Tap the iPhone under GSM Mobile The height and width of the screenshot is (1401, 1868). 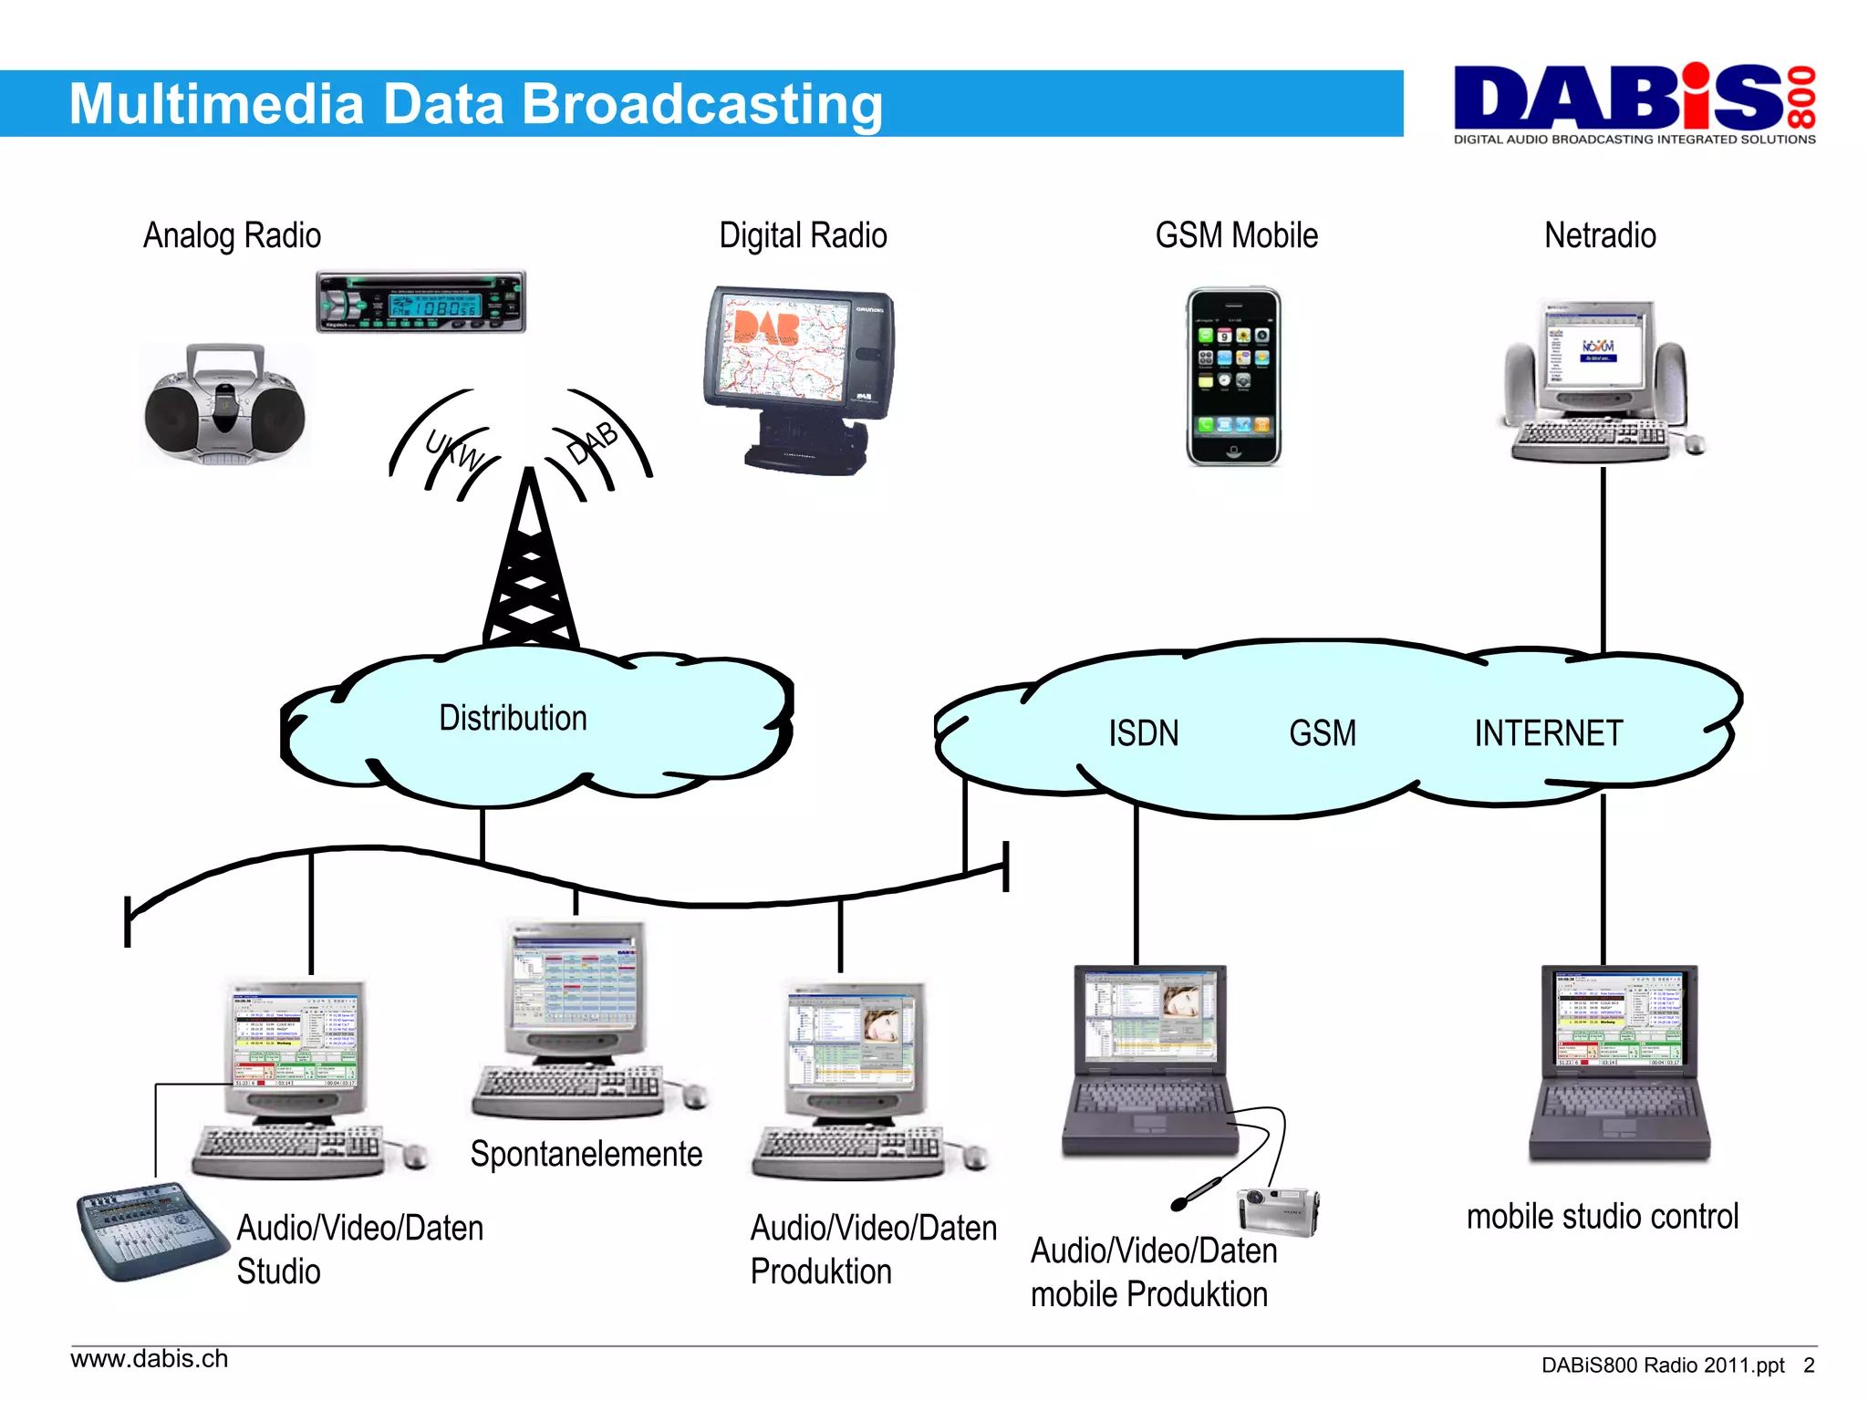point(1233,377)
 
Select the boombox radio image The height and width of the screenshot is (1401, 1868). point(224,404)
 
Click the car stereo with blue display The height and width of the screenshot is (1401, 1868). point(420,302)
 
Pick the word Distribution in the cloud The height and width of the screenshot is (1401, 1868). point(513,719)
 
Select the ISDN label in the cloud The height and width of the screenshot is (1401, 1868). point(1143,733)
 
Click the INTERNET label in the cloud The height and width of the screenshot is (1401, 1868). point(1548,733)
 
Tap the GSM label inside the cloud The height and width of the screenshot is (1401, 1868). point(1322,733)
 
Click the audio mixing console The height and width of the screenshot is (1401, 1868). point(150,1230)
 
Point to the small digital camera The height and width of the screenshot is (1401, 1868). point(1278,1211)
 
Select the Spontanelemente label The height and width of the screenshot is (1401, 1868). point(586,1155)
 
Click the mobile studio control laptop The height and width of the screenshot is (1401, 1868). point(1619,1063)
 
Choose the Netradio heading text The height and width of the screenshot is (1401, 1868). point(1600,235)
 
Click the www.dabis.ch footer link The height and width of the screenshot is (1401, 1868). point(150,1359)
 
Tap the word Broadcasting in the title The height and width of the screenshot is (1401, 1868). point(701,104)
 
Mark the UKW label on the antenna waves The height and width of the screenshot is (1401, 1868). point(453,450)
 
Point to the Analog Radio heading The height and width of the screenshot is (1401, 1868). point(232,235)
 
